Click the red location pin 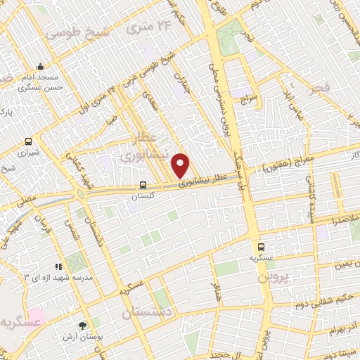click(x=181, y=165)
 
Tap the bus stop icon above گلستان click(x=143, y=186)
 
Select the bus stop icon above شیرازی click(x=28, y=141)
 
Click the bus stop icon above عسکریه click(x=261, y=247)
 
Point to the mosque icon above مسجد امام click(x=41, y=65)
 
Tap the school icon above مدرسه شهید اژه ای click(x=58, y=267)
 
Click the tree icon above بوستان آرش click(x=83, y=326)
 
